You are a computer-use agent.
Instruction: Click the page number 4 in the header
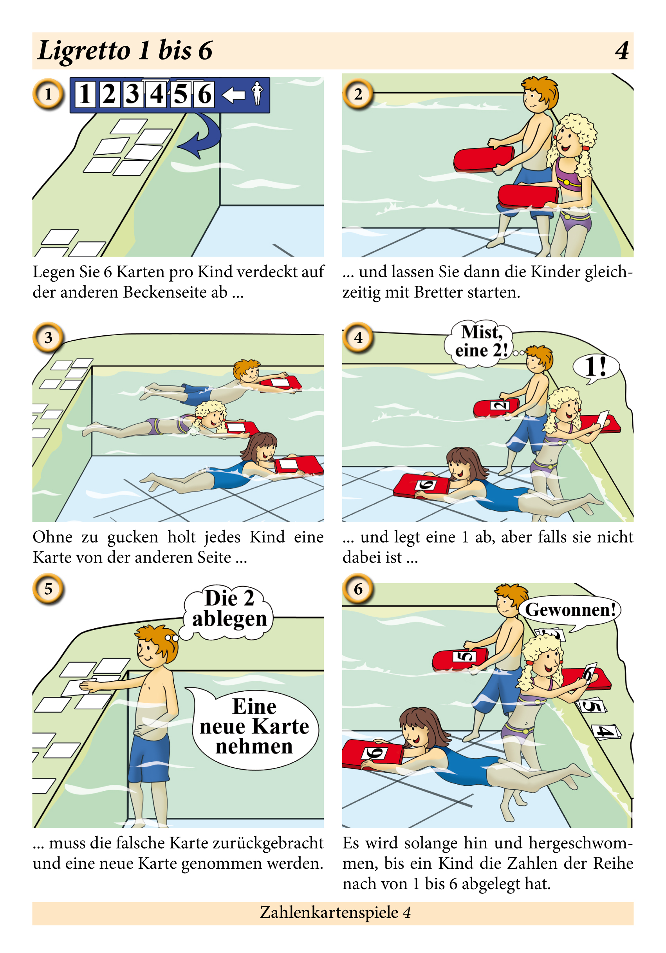click(622, 51)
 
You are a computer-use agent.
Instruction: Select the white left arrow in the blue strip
click(233, 95)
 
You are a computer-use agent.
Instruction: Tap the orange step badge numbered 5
click(48, 589)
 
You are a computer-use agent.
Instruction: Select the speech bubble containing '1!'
click(596, 367)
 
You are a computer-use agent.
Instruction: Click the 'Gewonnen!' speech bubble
click(570, 611)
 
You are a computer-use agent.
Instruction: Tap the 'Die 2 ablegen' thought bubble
click(229, 609)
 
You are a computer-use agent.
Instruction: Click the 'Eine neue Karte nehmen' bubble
click(254, 727)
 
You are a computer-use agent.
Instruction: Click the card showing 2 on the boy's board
click(500, 405)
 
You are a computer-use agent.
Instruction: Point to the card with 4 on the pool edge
click(606, 731)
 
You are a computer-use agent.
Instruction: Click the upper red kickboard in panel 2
click(484, 159)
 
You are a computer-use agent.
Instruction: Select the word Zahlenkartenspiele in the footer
click(329, 912)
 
